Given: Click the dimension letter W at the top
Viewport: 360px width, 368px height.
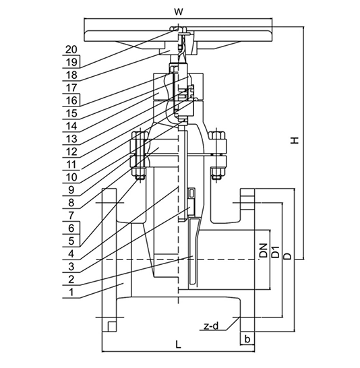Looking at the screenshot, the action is tap(179, 11).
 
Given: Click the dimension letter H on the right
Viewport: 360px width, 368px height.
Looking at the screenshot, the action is tap(295, 140).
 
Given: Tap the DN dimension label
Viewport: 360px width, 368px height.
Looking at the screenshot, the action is tap(264, 251).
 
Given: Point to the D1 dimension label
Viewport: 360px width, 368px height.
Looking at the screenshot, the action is tap(276, 251).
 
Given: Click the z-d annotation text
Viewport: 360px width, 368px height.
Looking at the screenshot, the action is tap(211, 326).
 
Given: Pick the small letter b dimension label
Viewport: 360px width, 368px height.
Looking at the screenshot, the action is tap(247, 338).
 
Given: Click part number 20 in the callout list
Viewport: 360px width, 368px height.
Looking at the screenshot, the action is tap(71, 49).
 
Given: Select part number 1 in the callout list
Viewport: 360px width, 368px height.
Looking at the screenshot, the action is tap(71, 293).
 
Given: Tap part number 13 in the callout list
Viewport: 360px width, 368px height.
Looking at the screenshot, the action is tap(71, 139).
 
